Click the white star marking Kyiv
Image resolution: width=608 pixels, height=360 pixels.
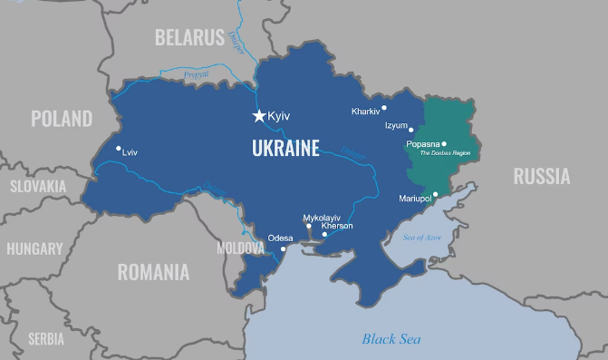click(259, 116)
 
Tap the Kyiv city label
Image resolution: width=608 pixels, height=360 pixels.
click(278, 117)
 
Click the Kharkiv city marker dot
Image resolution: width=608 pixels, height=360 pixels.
click(384, 108)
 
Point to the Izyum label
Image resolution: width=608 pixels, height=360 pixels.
click(396, 125)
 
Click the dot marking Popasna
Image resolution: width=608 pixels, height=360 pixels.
click(444, 143)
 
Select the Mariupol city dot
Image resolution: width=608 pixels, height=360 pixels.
click(435, 193)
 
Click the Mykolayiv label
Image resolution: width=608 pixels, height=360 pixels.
click(322, 218)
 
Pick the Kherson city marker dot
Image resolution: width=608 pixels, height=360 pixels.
click(324, 234)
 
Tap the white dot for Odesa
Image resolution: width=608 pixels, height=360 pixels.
click(283, 248)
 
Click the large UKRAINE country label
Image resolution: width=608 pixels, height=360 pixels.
click(286, 148)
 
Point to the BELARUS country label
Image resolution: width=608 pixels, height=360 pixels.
click(188, 37)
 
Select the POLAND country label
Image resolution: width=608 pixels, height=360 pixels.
click(62, 119)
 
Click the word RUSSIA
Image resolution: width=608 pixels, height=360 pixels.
click(541, 176)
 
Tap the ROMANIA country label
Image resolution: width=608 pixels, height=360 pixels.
click(153, 272)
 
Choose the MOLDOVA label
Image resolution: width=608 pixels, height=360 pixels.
click(240, 248)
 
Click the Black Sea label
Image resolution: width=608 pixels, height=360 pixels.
click(391, 339)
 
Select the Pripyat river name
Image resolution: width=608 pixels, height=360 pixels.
click(198, 74)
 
